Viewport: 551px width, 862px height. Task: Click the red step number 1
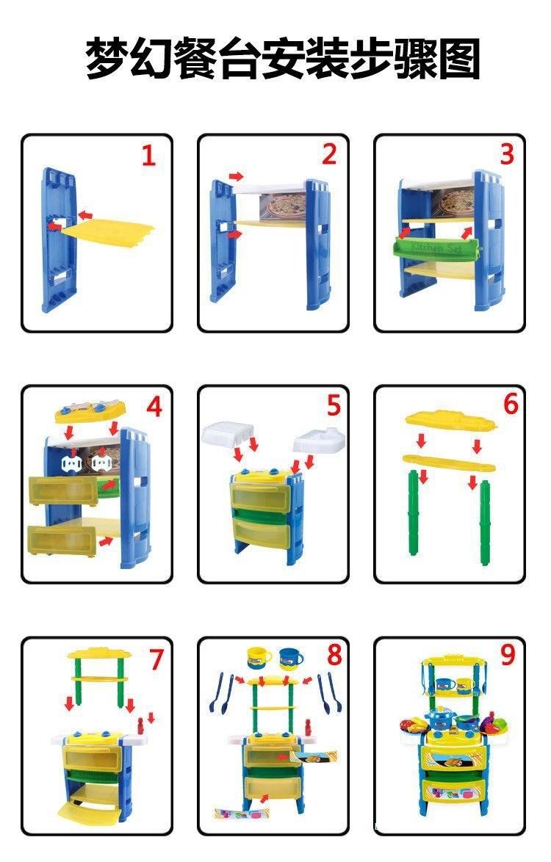[148, 156]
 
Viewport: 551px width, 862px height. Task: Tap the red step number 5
[334, 405]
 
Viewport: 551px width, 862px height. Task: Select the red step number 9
[508, 655]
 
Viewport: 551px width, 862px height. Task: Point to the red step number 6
[511, 405]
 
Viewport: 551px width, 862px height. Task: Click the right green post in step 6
[485, 522]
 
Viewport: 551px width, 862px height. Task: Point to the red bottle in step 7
[141, 725]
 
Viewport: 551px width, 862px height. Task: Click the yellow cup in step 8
[259, 657]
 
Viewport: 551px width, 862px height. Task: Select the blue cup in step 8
[291, 657]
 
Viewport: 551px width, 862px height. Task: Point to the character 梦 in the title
[107, 58]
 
